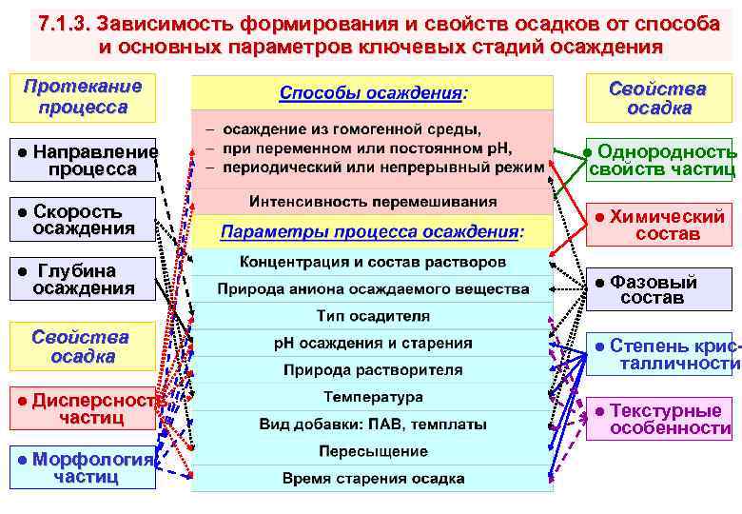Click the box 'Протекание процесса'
[83, 96]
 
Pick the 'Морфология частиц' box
[83, 467]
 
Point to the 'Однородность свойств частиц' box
[660, 161]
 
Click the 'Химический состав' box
[660, 225]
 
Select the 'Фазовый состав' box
[660, 289]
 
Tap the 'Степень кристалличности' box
[660, 353]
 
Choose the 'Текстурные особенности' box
[660, 419]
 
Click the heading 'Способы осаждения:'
[373, 94]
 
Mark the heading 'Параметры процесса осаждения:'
[373, 231]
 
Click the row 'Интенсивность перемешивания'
[373, 202]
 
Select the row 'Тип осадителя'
[373, 315]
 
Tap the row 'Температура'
[373, 396]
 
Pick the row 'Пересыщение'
[373, 450]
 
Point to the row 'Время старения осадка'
[373, 478]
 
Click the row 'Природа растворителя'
[373, 369]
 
